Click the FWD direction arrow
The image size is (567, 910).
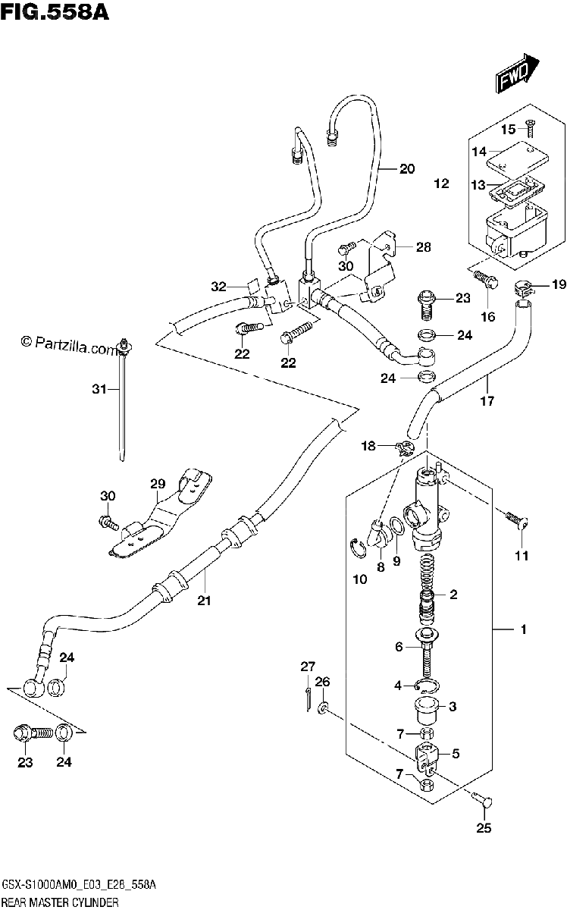pyautogui.click(x=516, y=74)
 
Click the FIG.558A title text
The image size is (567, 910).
pyautogui.click(x=55, y=12)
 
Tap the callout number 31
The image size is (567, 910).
pyautogui.click(x=99, y=389)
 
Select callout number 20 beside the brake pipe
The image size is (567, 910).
pyautogui.click(x=407, y=168)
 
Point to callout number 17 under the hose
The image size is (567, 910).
pyautogui.click(x=487, y=401)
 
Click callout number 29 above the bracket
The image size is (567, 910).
pyautogui.click(x=158, y=484)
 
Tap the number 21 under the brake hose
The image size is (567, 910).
pyautogui.click(x=205, y=601)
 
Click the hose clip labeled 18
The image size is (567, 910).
pyautogui.click(x=406, y=448)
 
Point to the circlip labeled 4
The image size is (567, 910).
pyautogui.click(x=428, y=686)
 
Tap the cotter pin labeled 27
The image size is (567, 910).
pyautogui.click(x=309, y=698)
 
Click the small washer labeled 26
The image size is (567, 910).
pyautogui.click(x=322, y=709)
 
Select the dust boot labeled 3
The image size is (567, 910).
pyautogui.click(x=426, y=711)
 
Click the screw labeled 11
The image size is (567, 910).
pyautogui.click(x=516, y=520)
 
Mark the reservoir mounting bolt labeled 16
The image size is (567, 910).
pyautogui.click(x=485, y=280)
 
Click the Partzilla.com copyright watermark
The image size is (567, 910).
pyautogui.click(x=70, y=345)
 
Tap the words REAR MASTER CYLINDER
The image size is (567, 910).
pyautogui.click(x=60, y=902)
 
